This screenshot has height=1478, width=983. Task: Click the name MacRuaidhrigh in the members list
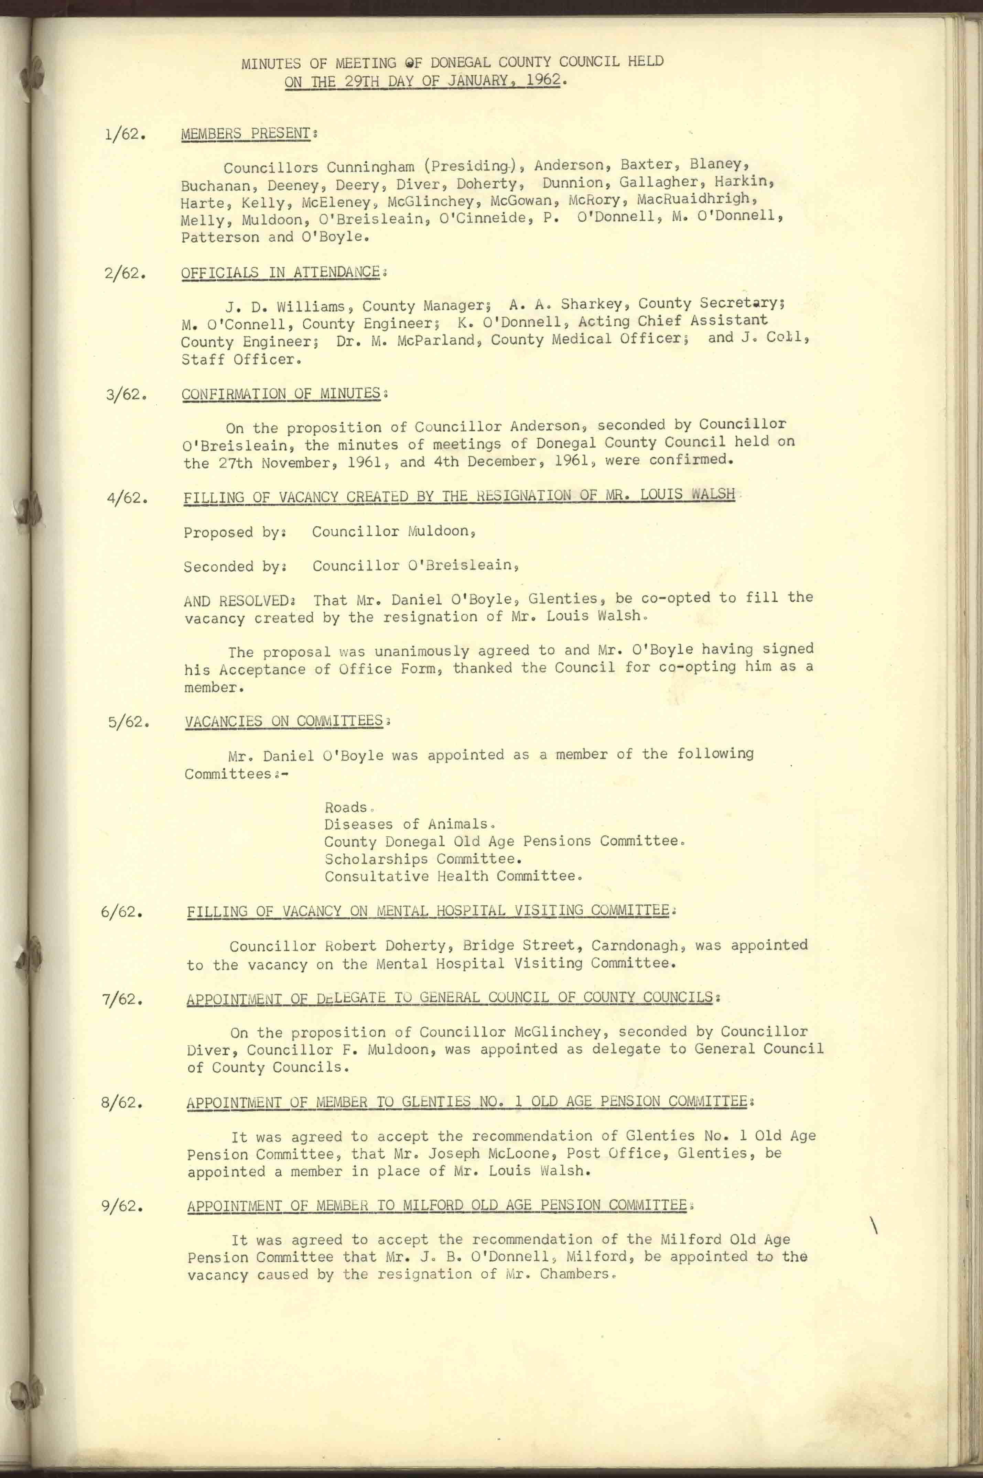(x=693, y=199)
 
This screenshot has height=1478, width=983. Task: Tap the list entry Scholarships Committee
(x=423, y=859)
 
